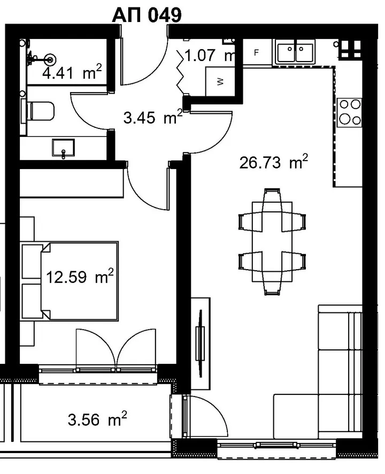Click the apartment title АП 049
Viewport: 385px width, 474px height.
147,14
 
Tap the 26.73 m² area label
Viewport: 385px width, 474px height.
273,162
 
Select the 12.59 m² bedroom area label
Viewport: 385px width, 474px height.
80,276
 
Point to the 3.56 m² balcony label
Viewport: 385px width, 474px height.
97,419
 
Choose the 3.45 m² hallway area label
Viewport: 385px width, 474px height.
153,117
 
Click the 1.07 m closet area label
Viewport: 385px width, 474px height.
209,55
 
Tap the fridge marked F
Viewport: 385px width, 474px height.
256,52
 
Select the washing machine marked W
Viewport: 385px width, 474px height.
220,81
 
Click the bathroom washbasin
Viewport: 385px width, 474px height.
63,148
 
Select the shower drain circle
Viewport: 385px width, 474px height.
50,59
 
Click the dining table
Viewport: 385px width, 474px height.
272,242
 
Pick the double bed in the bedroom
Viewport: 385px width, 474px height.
70,281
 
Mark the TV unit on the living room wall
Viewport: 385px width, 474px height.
200,343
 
